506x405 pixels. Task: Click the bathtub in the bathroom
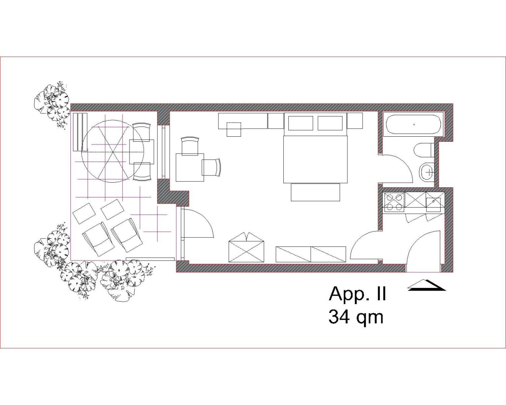[x=414, y=124]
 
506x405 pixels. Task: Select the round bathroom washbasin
[x=427, y=172]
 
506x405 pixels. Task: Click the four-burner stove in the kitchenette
[x=394, y=202]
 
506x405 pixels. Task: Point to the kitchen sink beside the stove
[x=433, y=204]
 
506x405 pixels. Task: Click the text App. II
[x=357, y=294]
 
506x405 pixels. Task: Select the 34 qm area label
[x=356, y=318]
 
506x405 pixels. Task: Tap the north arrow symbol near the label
[x=426, y=285]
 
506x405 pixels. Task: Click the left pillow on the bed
[x=300, y=123]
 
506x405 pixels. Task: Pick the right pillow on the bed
[x=330, y=123]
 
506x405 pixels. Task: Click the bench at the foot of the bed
[x=315, y=192]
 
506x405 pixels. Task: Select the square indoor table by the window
[x=190, y=167]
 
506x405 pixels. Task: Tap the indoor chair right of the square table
[x=211, y=167]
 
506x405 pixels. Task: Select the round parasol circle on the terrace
[x=113, y=151]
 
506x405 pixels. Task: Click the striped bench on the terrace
[x=80, y=132]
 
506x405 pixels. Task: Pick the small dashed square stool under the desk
[x=234, y=129]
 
